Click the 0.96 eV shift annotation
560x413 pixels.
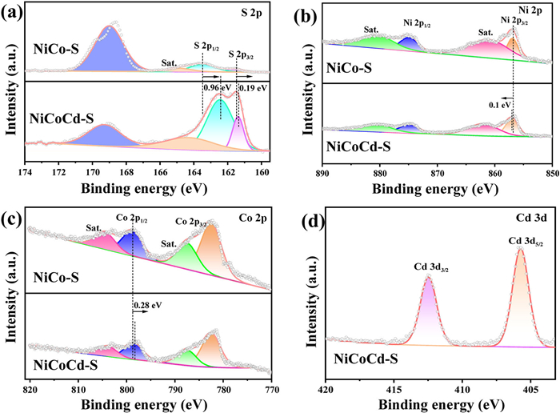tap(211, 87)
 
